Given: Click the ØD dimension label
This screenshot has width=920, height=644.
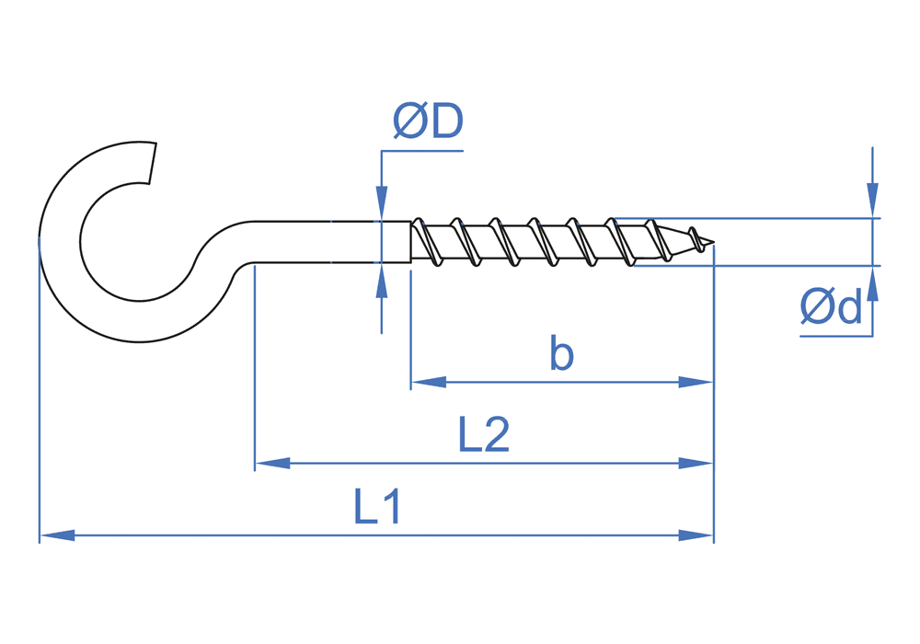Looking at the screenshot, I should point(428,121).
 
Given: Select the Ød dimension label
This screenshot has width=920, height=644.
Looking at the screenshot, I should point(832,306).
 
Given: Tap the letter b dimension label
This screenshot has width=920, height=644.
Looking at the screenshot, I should point(561,353).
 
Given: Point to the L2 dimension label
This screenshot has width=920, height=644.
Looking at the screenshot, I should point(484,435).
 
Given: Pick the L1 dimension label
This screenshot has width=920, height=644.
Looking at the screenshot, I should point(377,507).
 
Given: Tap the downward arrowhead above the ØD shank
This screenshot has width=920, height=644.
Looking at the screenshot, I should point(381,203).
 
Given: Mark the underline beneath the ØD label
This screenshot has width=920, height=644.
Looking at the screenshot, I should point(421,150).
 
